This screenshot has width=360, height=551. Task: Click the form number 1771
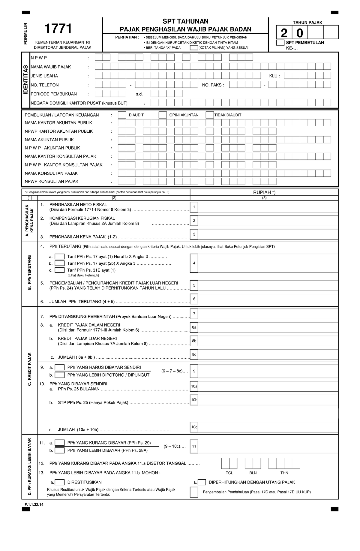[58, 29]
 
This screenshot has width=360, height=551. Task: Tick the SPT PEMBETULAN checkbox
[280, 43]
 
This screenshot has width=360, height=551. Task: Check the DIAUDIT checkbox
[122, 115]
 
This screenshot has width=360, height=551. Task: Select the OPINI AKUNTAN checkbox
[163, 115]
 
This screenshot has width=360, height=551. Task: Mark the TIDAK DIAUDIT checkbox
[209, 115]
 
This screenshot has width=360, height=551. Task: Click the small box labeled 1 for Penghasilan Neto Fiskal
[194, 207]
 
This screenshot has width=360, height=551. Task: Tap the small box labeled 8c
[194, 354]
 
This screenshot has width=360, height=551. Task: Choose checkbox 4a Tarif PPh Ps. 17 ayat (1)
[60, 257]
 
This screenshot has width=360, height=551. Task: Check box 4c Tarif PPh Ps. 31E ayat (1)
[60, 270]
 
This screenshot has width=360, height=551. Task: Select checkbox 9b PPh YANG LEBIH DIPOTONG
[60, 375]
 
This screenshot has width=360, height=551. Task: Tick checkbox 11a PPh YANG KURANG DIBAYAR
[60, 443]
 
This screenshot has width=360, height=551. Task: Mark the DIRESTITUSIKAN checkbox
[60, 482]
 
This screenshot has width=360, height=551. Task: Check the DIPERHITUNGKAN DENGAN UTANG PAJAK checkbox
[202, 482]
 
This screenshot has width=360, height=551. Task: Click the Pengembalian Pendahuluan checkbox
[194, 492]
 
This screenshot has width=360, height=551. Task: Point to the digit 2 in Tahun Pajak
[284, 32]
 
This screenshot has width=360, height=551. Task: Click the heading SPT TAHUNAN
[185, 21]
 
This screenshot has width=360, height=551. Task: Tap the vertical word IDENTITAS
[26, 80]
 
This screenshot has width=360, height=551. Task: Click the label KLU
[274, 76]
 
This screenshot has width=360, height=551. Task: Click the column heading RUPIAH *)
[264, 192]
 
